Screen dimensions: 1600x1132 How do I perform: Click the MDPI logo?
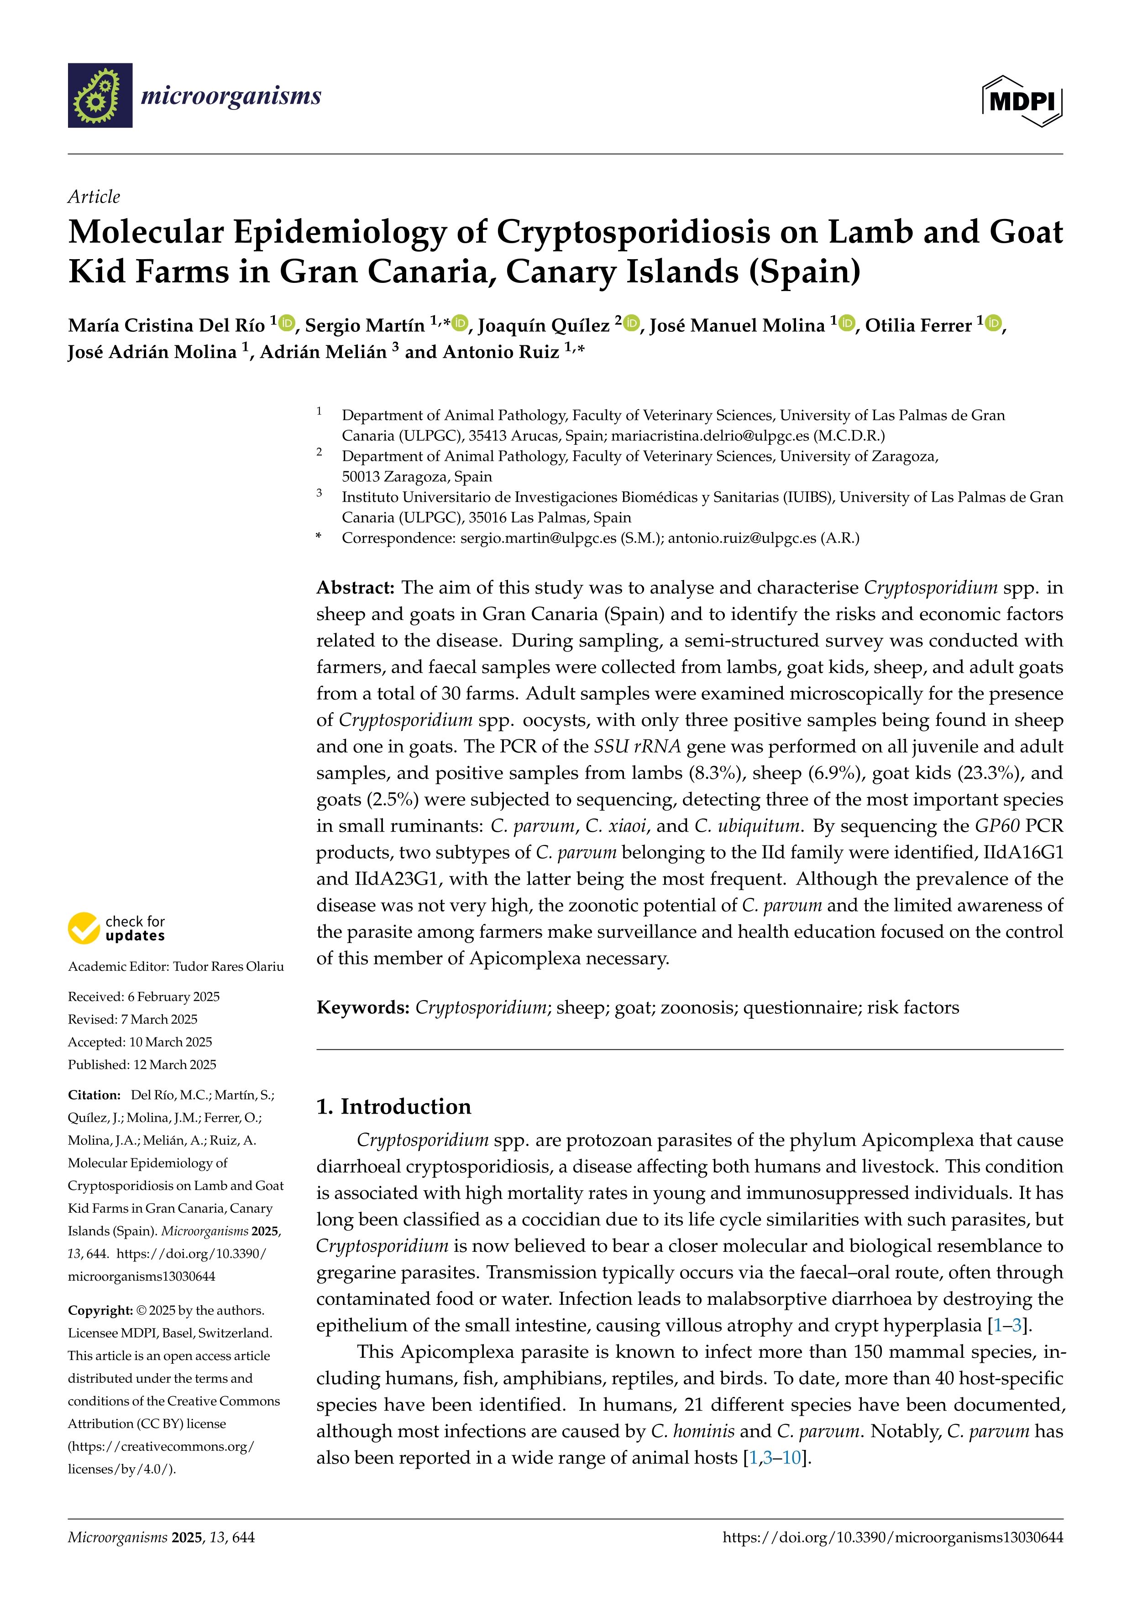(x=1022, y=101)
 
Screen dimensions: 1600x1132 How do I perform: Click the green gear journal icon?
(x=100, y=95)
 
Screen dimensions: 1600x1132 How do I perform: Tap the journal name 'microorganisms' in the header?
(x=231, y=95)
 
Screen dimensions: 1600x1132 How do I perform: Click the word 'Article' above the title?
(x=94, y=197)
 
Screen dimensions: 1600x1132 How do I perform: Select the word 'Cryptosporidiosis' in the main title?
(x=632, y=232)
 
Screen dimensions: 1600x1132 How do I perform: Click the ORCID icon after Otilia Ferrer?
(x=993, y=323)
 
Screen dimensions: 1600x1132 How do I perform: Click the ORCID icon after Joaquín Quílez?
(x=632, y=323)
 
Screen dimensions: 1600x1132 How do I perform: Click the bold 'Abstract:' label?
(x=356, y=588)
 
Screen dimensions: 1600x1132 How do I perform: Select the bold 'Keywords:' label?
(x=362, y=1008)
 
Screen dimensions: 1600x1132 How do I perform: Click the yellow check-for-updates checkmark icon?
(x=84, y=928)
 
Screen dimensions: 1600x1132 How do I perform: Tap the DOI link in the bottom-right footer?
(x=892, y=1537)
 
